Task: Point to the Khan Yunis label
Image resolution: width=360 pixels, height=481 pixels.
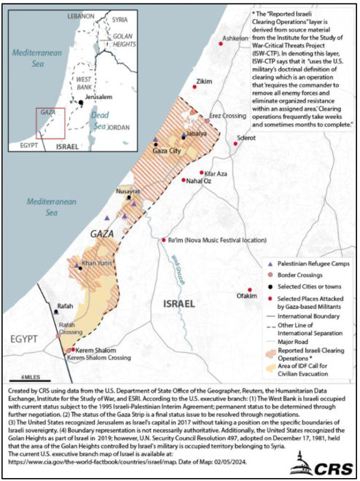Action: (x=97, y=262)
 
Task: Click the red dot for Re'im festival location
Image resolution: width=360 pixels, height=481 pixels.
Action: (x=163, y=239)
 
